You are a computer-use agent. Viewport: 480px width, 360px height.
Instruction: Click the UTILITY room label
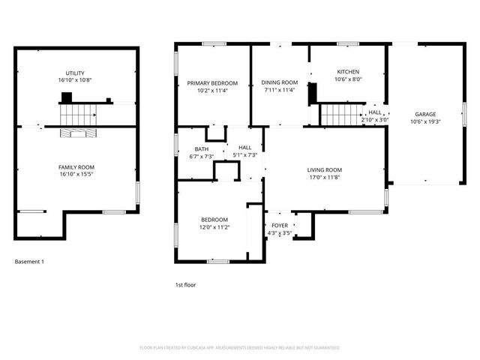(75, 73)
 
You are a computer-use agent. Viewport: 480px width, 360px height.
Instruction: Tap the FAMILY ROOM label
(76, 166)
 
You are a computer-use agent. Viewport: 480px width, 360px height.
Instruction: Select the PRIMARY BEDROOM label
(212, 82)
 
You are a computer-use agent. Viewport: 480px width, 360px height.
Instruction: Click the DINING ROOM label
(280, 82)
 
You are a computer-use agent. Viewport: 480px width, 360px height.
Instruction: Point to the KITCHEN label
(348, 72)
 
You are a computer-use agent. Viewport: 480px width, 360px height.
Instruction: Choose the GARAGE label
(425, 114)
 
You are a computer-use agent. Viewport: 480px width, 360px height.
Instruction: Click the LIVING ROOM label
(324, 169)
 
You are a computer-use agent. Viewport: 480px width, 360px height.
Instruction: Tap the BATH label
(202, 148)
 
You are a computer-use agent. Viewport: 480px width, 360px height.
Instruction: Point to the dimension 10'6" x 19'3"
(425, 121)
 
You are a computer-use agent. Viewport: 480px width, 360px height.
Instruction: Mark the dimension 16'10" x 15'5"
(76, 174)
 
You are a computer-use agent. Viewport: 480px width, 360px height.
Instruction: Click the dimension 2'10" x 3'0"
(375, 119)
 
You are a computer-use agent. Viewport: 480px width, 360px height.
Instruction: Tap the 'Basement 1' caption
(30, 262)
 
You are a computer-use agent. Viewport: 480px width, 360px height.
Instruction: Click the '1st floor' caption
(185, 285)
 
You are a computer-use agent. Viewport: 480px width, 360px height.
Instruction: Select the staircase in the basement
(77, 115)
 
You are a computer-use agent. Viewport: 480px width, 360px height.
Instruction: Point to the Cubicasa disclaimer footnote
(240, 348)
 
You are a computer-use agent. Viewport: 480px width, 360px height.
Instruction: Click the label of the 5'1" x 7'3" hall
(245, 148)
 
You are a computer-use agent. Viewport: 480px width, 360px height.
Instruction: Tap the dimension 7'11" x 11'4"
(280, 90)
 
